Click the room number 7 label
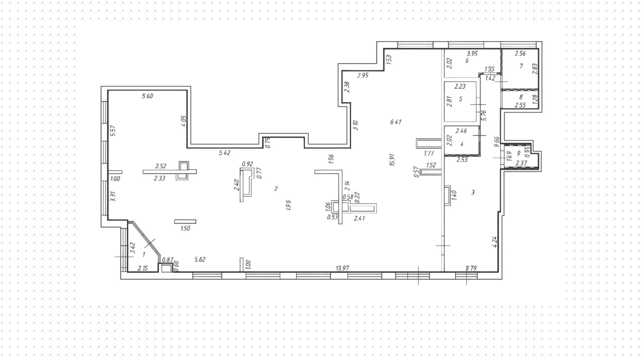pos(521,66)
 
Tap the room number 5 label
pos(461,99)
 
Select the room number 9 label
pos(518,153)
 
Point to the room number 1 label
pos(144,254)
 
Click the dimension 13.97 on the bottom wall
pos(343,268)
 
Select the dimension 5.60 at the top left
pos(147,96)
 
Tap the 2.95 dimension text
pos(363,75)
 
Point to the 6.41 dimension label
pos(396,122)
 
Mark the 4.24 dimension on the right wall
pos(495,242)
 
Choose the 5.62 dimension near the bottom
pos(200,259)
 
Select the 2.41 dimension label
pos(359,218)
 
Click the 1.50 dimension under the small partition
pos(185,228)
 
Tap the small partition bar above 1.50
pos(185,221)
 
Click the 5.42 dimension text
pos(225,153)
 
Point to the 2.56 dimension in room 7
pos(520,53)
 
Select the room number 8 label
pos(521,97)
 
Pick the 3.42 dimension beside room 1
pos(132,248)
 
